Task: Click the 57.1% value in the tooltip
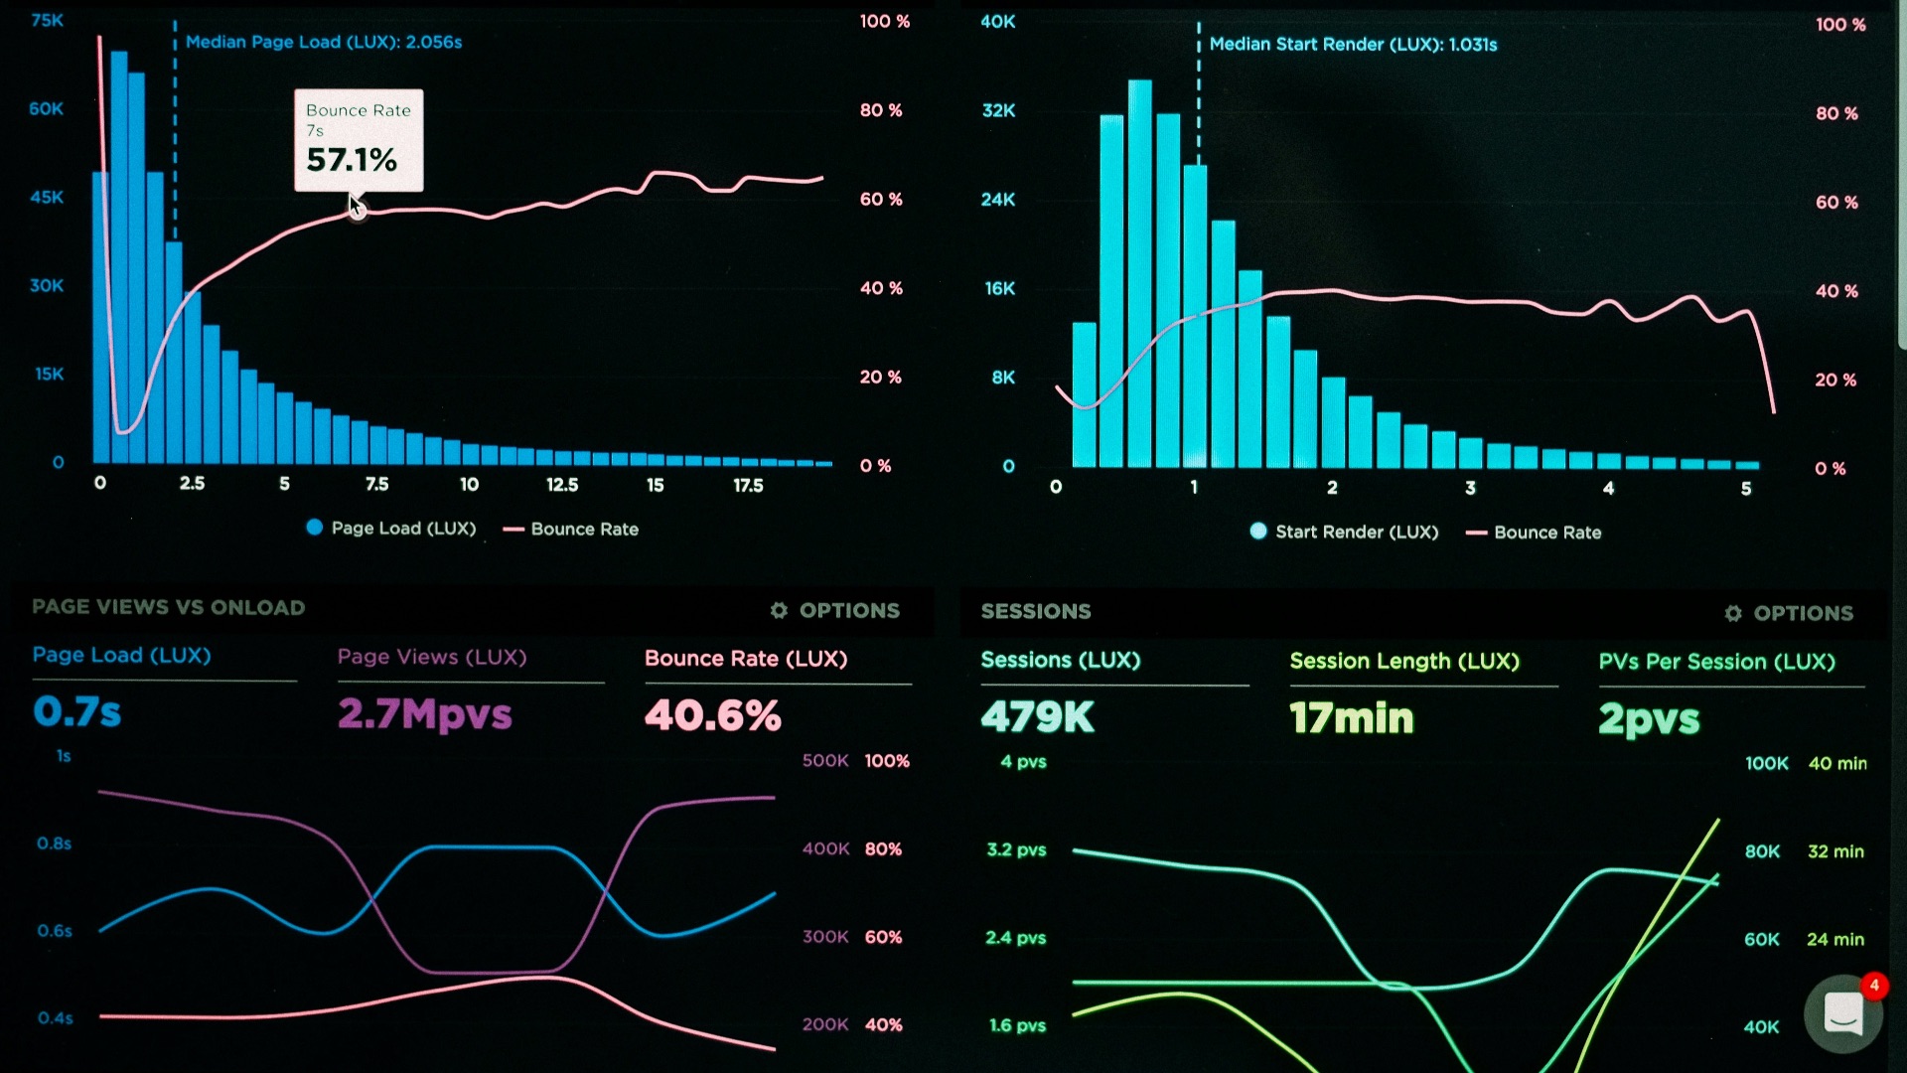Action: pyautogui.click(x=352, y=160)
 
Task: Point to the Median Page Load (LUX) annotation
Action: pyautogui.click(x=324, y=42)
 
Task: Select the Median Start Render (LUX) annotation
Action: pyautogui.click(x=1353, y=44)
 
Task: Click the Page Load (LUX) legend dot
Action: pyautogui.click(x=315, y=528)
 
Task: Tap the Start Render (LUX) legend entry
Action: pyautogui.click(x=1344, y=532)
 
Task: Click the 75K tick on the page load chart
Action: pyautogui.click(x=47, y=20)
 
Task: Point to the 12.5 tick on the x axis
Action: pyautogui.click(x=562, y=484)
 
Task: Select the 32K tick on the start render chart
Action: pyautogui.click(x=998, y=110)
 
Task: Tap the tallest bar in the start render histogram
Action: pyautogui.click(x=1140, y=273)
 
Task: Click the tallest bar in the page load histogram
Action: pyautogui.click(x=119, y=257)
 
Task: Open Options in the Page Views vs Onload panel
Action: pyautogui.click(x=835, y=610)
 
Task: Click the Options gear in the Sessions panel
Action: pyautogui.click(x=1733, y=613)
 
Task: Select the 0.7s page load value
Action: pyautogui.click(x=76, y=711)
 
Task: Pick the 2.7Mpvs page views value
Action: pyautogui.click(x=425, y=714)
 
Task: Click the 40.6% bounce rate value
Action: pyautogui.click(x=713, y=715)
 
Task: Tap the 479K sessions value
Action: pyautogui.click(x=1038, y=716)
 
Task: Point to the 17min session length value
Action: pyautogui.click(x=1352, y=717)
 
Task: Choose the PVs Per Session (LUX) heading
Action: pyautogui.click(x=1717, y=662)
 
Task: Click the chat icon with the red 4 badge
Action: pyautogui.click(x=1843, y=1013)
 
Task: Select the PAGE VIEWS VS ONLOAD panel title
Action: pyautogui.click(x=169, y=607)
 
